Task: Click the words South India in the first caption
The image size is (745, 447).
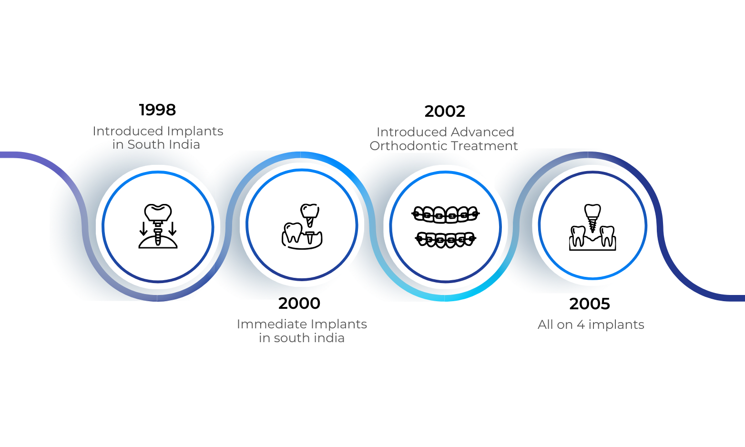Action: (163, 145)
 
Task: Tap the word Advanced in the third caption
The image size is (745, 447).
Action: (483, 132)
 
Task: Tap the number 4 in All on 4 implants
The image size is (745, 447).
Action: (581, 325)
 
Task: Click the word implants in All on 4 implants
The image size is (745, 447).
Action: (616, 325)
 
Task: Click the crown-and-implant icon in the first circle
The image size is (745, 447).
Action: (158, 226)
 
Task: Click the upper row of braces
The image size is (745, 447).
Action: (445, 214)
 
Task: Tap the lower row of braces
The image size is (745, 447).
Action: (445, 239)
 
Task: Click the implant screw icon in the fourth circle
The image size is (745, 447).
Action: (592, 217)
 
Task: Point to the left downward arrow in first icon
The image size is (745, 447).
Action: (143, 228)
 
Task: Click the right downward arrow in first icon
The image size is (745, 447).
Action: (173, 228)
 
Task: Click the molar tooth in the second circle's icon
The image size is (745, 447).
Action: (293, 233)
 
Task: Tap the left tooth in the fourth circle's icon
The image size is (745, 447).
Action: (578, 235)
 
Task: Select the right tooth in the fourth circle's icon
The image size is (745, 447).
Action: (607, 235)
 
